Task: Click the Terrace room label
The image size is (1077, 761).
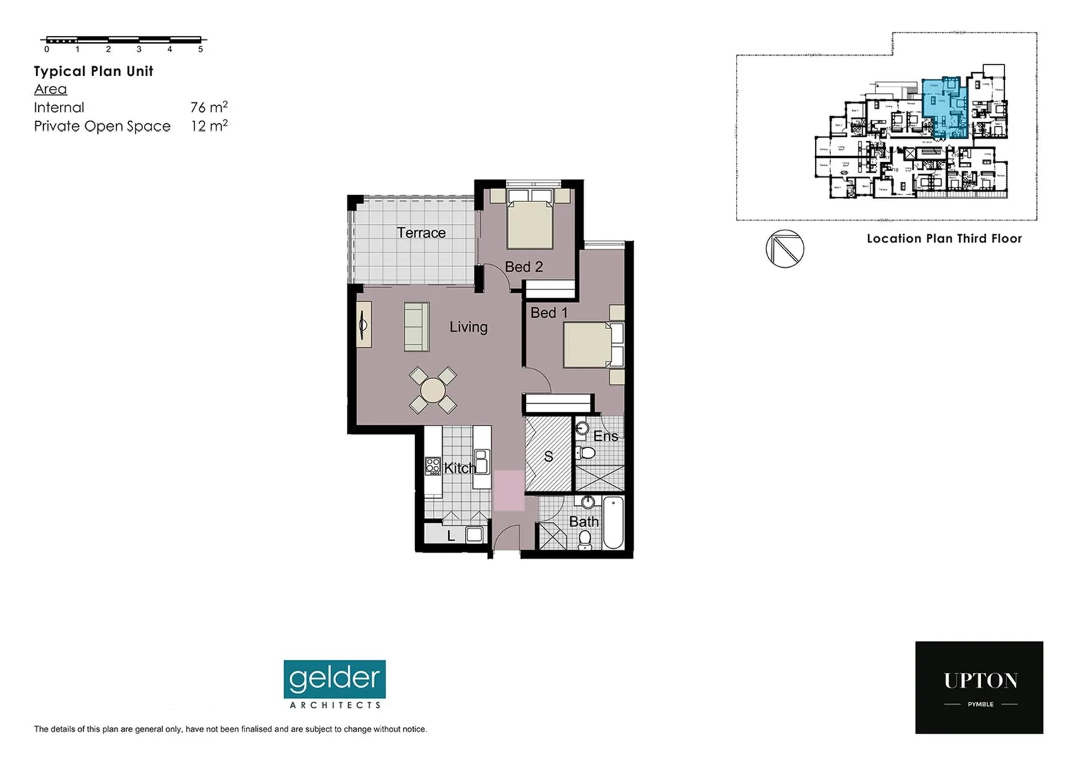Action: tap(421, 233)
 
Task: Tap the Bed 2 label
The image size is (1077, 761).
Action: tap(524, 267)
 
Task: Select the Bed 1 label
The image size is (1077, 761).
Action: tap(549, 312)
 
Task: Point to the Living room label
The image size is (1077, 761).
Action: tap(468, 327)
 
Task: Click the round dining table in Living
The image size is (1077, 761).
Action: tap(433, 390)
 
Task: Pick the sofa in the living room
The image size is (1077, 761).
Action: tap(417, 327)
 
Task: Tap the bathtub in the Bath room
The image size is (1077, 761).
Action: tap(613, 522)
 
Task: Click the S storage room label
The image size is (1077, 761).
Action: tap(548, 457)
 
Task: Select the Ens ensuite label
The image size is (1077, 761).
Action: tap(605, 436)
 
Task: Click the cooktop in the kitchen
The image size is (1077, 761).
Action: tap(433, 466)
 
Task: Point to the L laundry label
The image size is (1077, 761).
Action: tap(451, 536)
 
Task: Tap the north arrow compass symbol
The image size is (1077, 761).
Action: tap(784, 249)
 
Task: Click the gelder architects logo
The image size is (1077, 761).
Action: tap(335, 684)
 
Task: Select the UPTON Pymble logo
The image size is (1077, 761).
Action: tap(979, 687)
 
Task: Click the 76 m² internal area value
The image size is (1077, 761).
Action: tap(209, 107)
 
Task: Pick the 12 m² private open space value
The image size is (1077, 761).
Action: tap(209, 126)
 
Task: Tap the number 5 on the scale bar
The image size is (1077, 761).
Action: tap(201, 49)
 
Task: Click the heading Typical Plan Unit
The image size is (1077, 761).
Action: tap(94, 71)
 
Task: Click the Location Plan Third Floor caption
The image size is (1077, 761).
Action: tap(944, 238)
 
